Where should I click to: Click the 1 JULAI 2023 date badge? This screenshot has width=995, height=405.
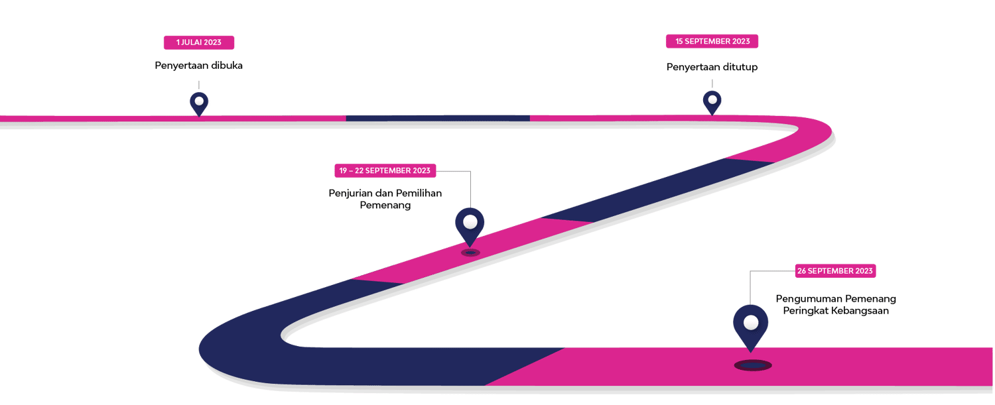coord(198,42)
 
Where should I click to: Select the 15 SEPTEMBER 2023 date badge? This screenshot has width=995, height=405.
coord(712,41)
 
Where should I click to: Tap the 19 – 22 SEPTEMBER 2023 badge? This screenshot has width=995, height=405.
coord(385,170)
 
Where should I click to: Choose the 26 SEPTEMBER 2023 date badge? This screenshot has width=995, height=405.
coord(835,270)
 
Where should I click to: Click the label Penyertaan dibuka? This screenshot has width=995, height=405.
coord(198,66)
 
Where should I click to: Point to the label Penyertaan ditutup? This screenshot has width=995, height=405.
coord(712,67)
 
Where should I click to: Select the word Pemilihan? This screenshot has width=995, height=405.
coord(419,193)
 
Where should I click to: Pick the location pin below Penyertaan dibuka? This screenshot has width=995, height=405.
coord(199,103)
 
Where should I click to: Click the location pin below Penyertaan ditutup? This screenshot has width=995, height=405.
coord(712,101)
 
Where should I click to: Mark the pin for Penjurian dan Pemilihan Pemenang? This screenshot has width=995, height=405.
coord(470,225)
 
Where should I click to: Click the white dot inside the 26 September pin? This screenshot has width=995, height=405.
coord(750,323)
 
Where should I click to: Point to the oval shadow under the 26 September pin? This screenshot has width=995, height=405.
coord(753,365)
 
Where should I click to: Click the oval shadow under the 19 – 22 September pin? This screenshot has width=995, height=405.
coord(470,253)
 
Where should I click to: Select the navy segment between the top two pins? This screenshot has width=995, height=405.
coord(438,118)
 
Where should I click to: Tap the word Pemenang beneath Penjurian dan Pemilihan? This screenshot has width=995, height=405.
coord(385,205)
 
